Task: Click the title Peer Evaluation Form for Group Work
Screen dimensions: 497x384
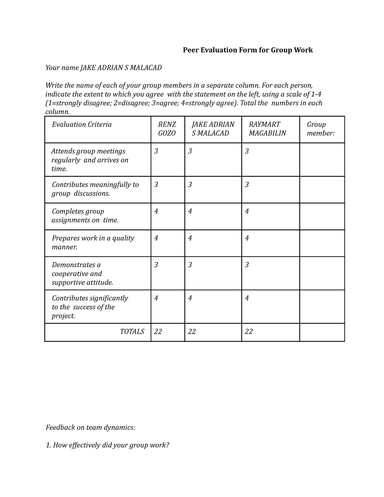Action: tap(248, 50)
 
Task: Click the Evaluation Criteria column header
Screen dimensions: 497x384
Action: tap(82, 124)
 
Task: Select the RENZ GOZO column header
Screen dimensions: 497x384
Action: tap(167, 129)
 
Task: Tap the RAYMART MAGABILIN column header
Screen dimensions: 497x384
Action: tap(267, 129)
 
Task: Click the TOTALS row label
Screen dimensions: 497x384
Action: tap(132, 332)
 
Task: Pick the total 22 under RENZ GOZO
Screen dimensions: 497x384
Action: tap(158, 332)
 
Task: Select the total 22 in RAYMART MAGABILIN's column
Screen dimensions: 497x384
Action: tap(249, 332)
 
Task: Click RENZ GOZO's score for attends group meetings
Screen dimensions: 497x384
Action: tap(156, 151)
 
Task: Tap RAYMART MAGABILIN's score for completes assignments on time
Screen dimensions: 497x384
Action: tap(247, 211)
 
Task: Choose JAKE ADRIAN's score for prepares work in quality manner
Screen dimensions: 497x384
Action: tap(190, 238)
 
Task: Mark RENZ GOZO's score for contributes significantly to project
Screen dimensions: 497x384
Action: tap(156, 298)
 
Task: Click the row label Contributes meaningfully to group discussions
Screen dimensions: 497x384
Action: tap(95, 189)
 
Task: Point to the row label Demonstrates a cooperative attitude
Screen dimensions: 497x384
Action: tap(83, 274)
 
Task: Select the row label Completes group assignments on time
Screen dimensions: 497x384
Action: tap(85, 216)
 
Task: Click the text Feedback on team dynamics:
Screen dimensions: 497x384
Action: tap(91, 428)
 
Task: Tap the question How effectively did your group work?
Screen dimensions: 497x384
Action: tap(108, 445)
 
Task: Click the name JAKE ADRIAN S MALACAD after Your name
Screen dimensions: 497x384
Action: tap(121, 68)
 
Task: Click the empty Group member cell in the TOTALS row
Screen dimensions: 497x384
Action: tap(322, 332)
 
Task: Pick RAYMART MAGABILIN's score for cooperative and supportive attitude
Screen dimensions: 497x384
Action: tap(247, 265)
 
